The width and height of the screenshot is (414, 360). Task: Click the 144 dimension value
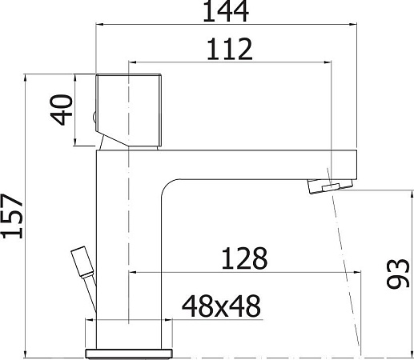(x=226, y=11)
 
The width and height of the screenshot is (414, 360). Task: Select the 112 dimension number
(x=229, y=49)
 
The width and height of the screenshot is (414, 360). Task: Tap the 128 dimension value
(x=244, y=258)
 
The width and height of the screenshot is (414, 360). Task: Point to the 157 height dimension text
(x=12, y=216)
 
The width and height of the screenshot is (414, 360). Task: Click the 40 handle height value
(x=62, y=110)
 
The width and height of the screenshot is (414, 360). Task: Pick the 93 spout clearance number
(x=398, y=274)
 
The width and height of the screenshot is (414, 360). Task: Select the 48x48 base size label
(x=221, y=306)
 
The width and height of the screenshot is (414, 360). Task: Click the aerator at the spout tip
(x=331, y=186)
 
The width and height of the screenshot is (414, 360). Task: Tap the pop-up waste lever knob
(x=82, y=262)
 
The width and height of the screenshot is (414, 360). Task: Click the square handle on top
(x=129, y=110)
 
